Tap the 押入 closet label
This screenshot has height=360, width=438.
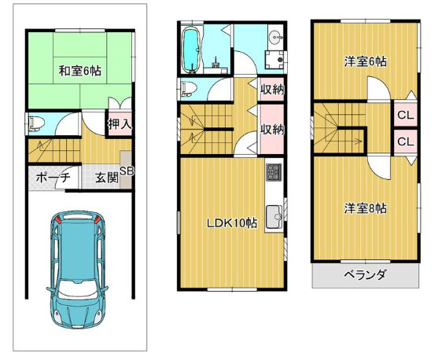pos(120,123)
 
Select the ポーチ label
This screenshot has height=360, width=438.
pos(53,178)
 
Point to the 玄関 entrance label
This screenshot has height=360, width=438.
pos(108,178)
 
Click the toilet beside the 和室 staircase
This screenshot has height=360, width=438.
pos(35,122)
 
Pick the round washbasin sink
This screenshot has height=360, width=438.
pos(273,37)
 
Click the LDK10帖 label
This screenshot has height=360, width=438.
pos(232,223)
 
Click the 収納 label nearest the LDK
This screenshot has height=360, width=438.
pos(272,130)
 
